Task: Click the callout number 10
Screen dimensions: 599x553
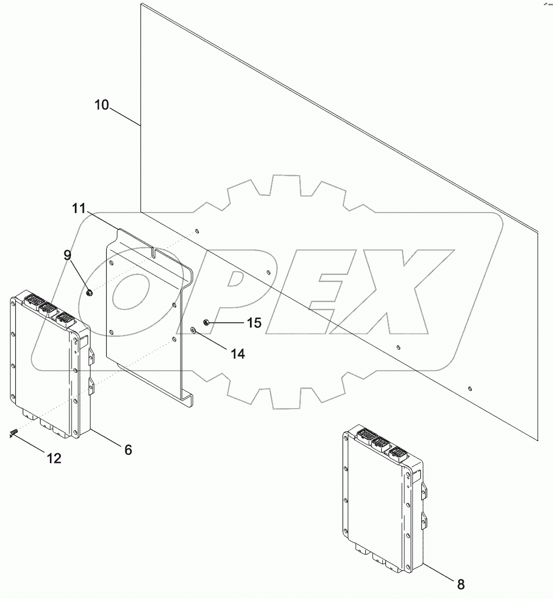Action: pyautogui.click(x=101, y=105)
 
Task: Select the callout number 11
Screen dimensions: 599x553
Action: pyautogui.click(x=79, y=209)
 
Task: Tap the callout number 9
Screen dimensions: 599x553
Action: pyautogui.click(x=68, y=255)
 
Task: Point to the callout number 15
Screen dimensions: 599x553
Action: pyautogui.click(x=254, y=323)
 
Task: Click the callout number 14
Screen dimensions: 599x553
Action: pyautogui.click(x=237, y=354)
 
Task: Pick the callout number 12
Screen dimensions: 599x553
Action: pyautogui.click(x=54, y=458)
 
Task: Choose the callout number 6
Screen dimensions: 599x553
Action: pyautogui.click(x=128, y=450)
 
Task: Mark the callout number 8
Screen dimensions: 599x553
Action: pyautogui.click(x=460, y=584)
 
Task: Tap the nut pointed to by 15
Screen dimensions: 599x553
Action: pyautogui.click(x=207, y=323)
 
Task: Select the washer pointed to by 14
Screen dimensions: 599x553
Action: pyautogui.click(x=193, y=329)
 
